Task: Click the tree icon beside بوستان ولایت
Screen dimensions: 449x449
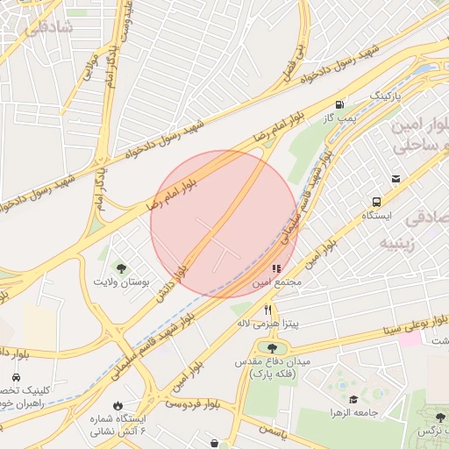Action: (121, 268)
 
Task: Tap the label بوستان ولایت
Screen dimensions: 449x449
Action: (122, 284)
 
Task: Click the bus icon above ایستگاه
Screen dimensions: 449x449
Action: (376, 202)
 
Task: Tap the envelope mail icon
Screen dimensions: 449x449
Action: (396, 180)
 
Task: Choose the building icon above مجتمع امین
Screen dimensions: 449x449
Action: (276, 269)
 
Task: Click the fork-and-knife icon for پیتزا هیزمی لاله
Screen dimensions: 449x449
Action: (268, 310)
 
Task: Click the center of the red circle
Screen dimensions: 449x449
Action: (224, 224)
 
